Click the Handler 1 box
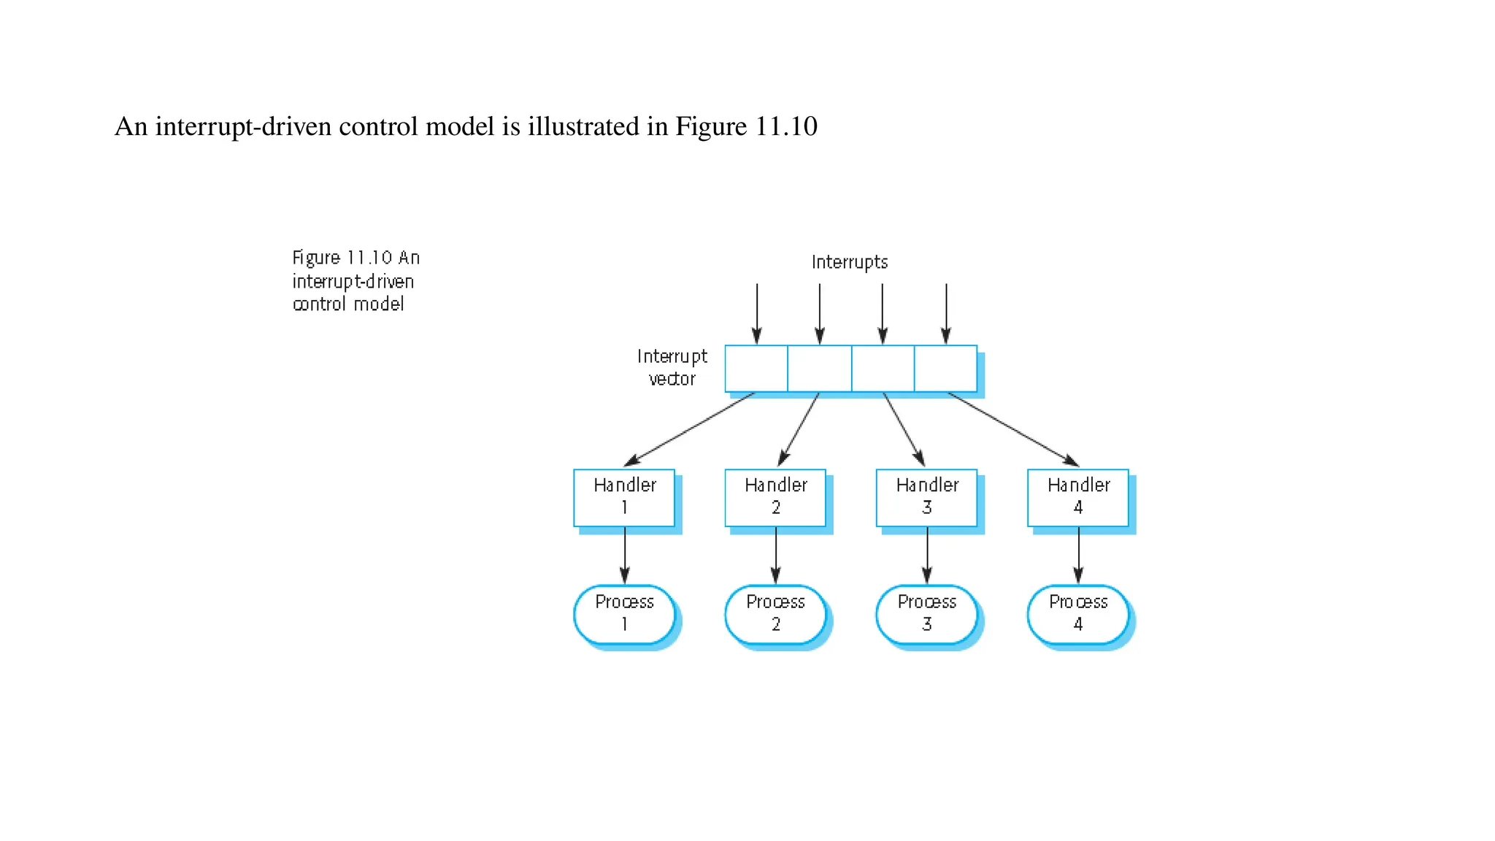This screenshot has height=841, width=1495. pyautogui.click(x=624, y=497)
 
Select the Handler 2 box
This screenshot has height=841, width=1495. pyautogui.click(x=775, y=497)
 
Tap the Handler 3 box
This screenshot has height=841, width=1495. pyautogui.click(x=926, y=497)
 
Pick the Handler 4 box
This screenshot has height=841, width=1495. pyautogui.click(x=1077, y=497)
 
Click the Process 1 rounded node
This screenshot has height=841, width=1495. pyautogui.click(x=624, y=614)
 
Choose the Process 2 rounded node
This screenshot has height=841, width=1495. pyautogui.click(x=775, y=614)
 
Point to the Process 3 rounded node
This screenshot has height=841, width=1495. pyautogui.click(x=926, y=614)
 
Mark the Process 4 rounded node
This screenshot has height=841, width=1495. pyautogui.click(x=1077, y=614)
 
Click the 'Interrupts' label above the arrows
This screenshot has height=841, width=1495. pyautogui.click(x=850, y=262)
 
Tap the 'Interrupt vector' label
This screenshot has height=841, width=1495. pyautogui.click(x=672, y=367)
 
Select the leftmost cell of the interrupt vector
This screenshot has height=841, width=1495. pyautogui.click(x=756, y=369)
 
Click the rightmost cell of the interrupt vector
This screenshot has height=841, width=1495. pyautogui.click(x=945, y=369)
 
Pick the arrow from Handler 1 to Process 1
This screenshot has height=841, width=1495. pyautogui.click(x=625, y=555)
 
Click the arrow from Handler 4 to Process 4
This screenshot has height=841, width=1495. pyautogui.click(x=1078, y=555)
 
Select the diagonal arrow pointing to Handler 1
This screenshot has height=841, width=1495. pyautogui.click(x=690, y=429)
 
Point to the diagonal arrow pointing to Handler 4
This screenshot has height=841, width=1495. pyautogui.click(x=1013, y=429)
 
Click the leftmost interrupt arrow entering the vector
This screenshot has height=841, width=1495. pyautogui.click(x=757, y=314)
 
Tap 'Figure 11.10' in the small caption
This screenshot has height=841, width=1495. pyautogui.click(x=342, y=258)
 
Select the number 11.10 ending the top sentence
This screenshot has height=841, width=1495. pyautogui.click(x=786, y=127)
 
